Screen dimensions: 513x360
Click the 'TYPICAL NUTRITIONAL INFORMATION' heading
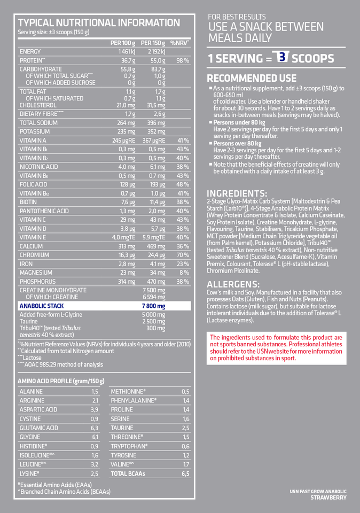[99, 22]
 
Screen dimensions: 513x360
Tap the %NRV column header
[179, 42]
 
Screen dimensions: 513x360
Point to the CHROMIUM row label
[34, 255]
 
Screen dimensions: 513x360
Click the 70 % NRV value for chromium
[183, 255]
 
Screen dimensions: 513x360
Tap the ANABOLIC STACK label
[42, 306]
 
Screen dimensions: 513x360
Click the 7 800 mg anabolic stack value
[154, 306]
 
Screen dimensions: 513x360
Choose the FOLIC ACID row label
[34, 184]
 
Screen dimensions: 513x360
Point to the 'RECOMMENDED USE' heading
[252, 78]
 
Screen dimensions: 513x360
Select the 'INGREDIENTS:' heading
[237, 193]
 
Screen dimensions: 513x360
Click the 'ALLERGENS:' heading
[233, 284]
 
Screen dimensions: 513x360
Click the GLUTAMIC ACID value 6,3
[95, 428]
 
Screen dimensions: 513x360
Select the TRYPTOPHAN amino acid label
[129, 446]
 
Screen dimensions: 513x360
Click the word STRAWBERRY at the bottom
[328, 498]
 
